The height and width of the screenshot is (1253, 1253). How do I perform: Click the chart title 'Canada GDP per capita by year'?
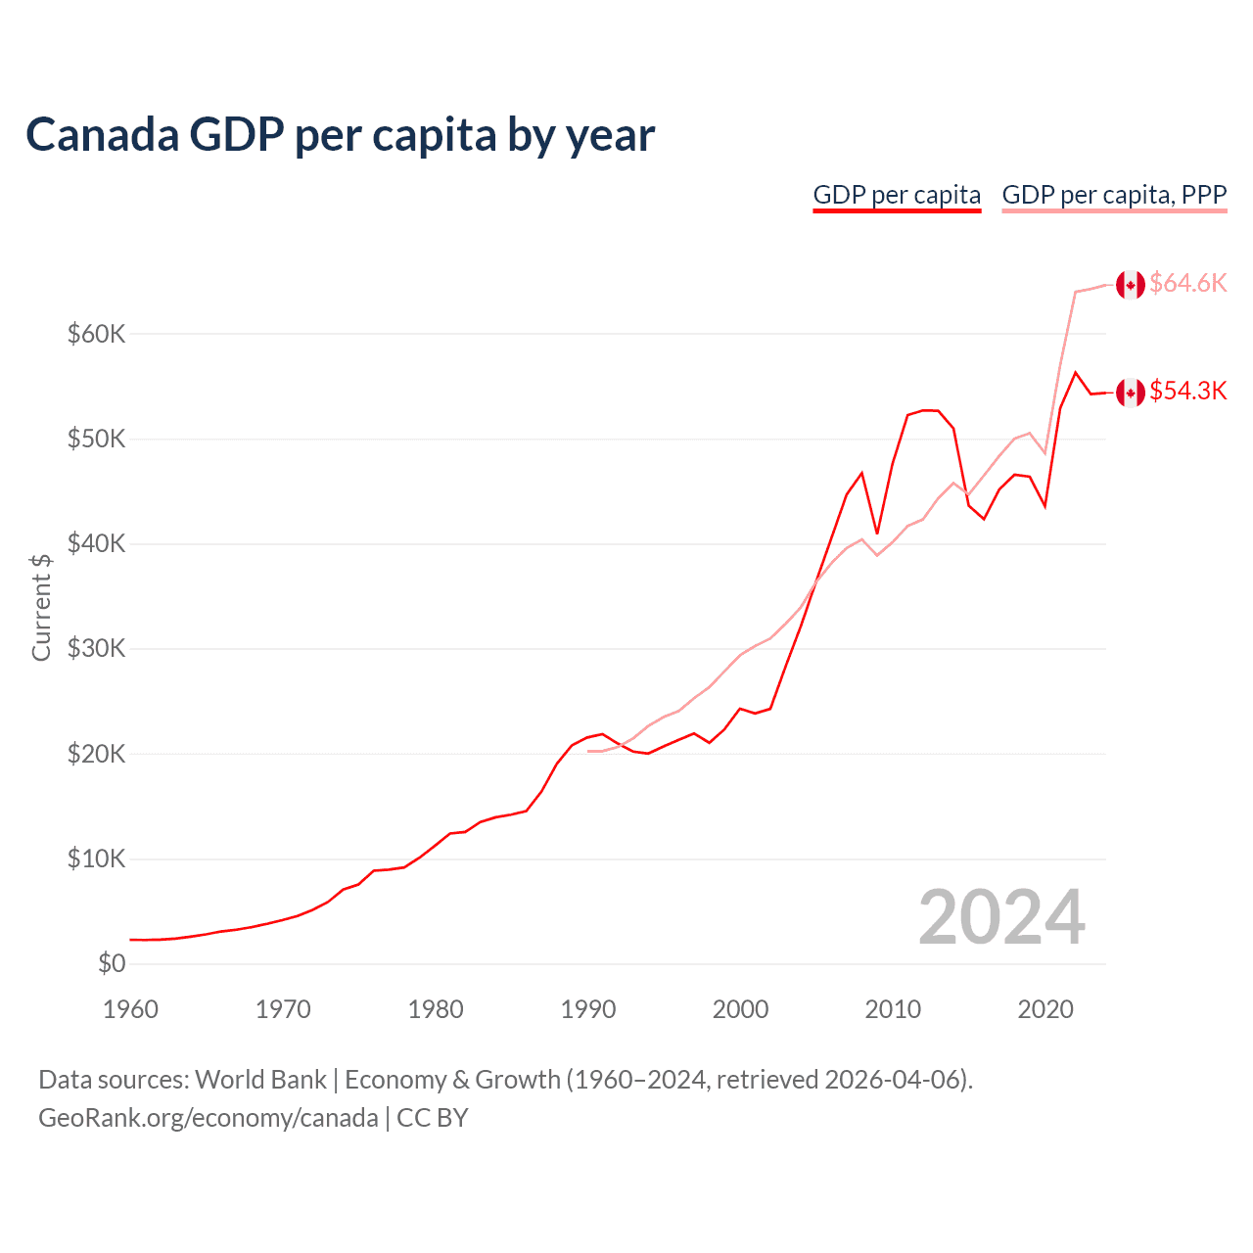click(x=340, y=135)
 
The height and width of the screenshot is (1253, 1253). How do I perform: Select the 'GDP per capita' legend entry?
click(x=897, y=195)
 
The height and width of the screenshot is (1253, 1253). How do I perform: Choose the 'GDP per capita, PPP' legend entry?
click(x=1114, y=195)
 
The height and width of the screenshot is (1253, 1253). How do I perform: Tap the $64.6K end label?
click(x=1187, y=283)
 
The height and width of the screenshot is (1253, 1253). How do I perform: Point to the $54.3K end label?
click(x=1187, y=391)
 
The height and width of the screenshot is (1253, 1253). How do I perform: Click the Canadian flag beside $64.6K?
click(x=1131, y=285)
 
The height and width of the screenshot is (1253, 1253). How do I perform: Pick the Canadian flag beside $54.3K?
click(x=1131, y=393)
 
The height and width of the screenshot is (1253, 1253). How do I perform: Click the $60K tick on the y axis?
click(x=97, y=334)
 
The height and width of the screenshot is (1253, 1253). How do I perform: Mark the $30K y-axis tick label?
click(x=97, y=648)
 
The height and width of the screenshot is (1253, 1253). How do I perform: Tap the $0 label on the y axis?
click(x=112, y=963)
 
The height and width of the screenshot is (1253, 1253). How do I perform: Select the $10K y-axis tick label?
click(x=97, y=859)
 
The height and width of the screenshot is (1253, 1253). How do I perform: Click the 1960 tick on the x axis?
click(x=130, y=1009)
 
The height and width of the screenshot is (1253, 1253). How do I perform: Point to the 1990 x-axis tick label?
click(x=587, y=1009)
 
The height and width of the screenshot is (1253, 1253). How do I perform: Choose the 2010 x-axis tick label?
click(x=893, y=1009)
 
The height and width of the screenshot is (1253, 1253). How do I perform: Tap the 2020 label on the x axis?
click(x=1045, y=1009)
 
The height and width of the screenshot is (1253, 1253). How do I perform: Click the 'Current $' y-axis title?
click(x=41, y=607)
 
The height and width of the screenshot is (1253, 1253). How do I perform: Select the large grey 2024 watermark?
click(x=1001, y=917)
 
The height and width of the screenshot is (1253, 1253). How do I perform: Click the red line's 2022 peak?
click(x=1076, y=372)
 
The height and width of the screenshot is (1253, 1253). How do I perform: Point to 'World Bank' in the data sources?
click(x=260, y=1080)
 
